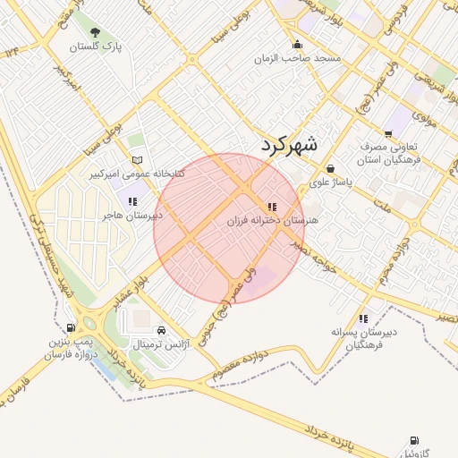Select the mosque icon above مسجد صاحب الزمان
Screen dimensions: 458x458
[x=297, y=45]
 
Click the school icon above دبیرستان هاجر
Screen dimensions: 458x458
[x=132, y=201]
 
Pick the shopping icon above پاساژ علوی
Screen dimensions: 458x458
[x=330, y=168]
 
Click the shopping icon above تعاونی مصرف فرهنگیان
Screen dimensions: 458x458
[x=387, y=133]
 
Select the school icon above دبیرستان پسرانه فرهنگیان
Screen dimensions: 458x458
[x=362, y=318]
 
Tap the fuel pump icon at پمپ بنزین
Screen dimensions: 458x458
[x=72, y=328]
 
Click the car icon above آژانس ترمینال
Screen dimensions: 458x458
[x=161, y=330]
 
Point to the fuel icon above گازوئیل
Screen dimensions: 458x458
[x=413, y=441]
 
